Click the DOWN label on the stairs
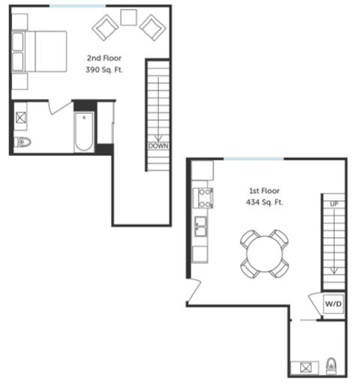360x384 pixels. [x=157, y=145]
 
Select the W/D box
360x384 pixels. [x=333, y=304]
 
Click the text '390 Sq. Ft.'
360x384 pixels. [x=103, y=70]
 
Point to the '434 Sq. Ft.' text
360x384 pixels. [x=265, y=202]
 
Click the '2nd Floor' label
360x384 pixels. [x=103, y=58]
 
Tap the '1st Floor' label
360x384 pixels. [x=264, y=190]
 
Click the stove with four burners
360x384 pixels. [x=204, y=198]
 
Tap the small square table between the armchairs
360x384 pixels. [x=128, y=17]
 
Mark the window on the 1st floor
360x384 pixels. [x=254, y=158]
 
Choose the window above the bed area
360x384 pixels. [x=78, y=6]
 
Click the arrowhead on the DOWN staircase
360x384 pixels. [x=157, y=133]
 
